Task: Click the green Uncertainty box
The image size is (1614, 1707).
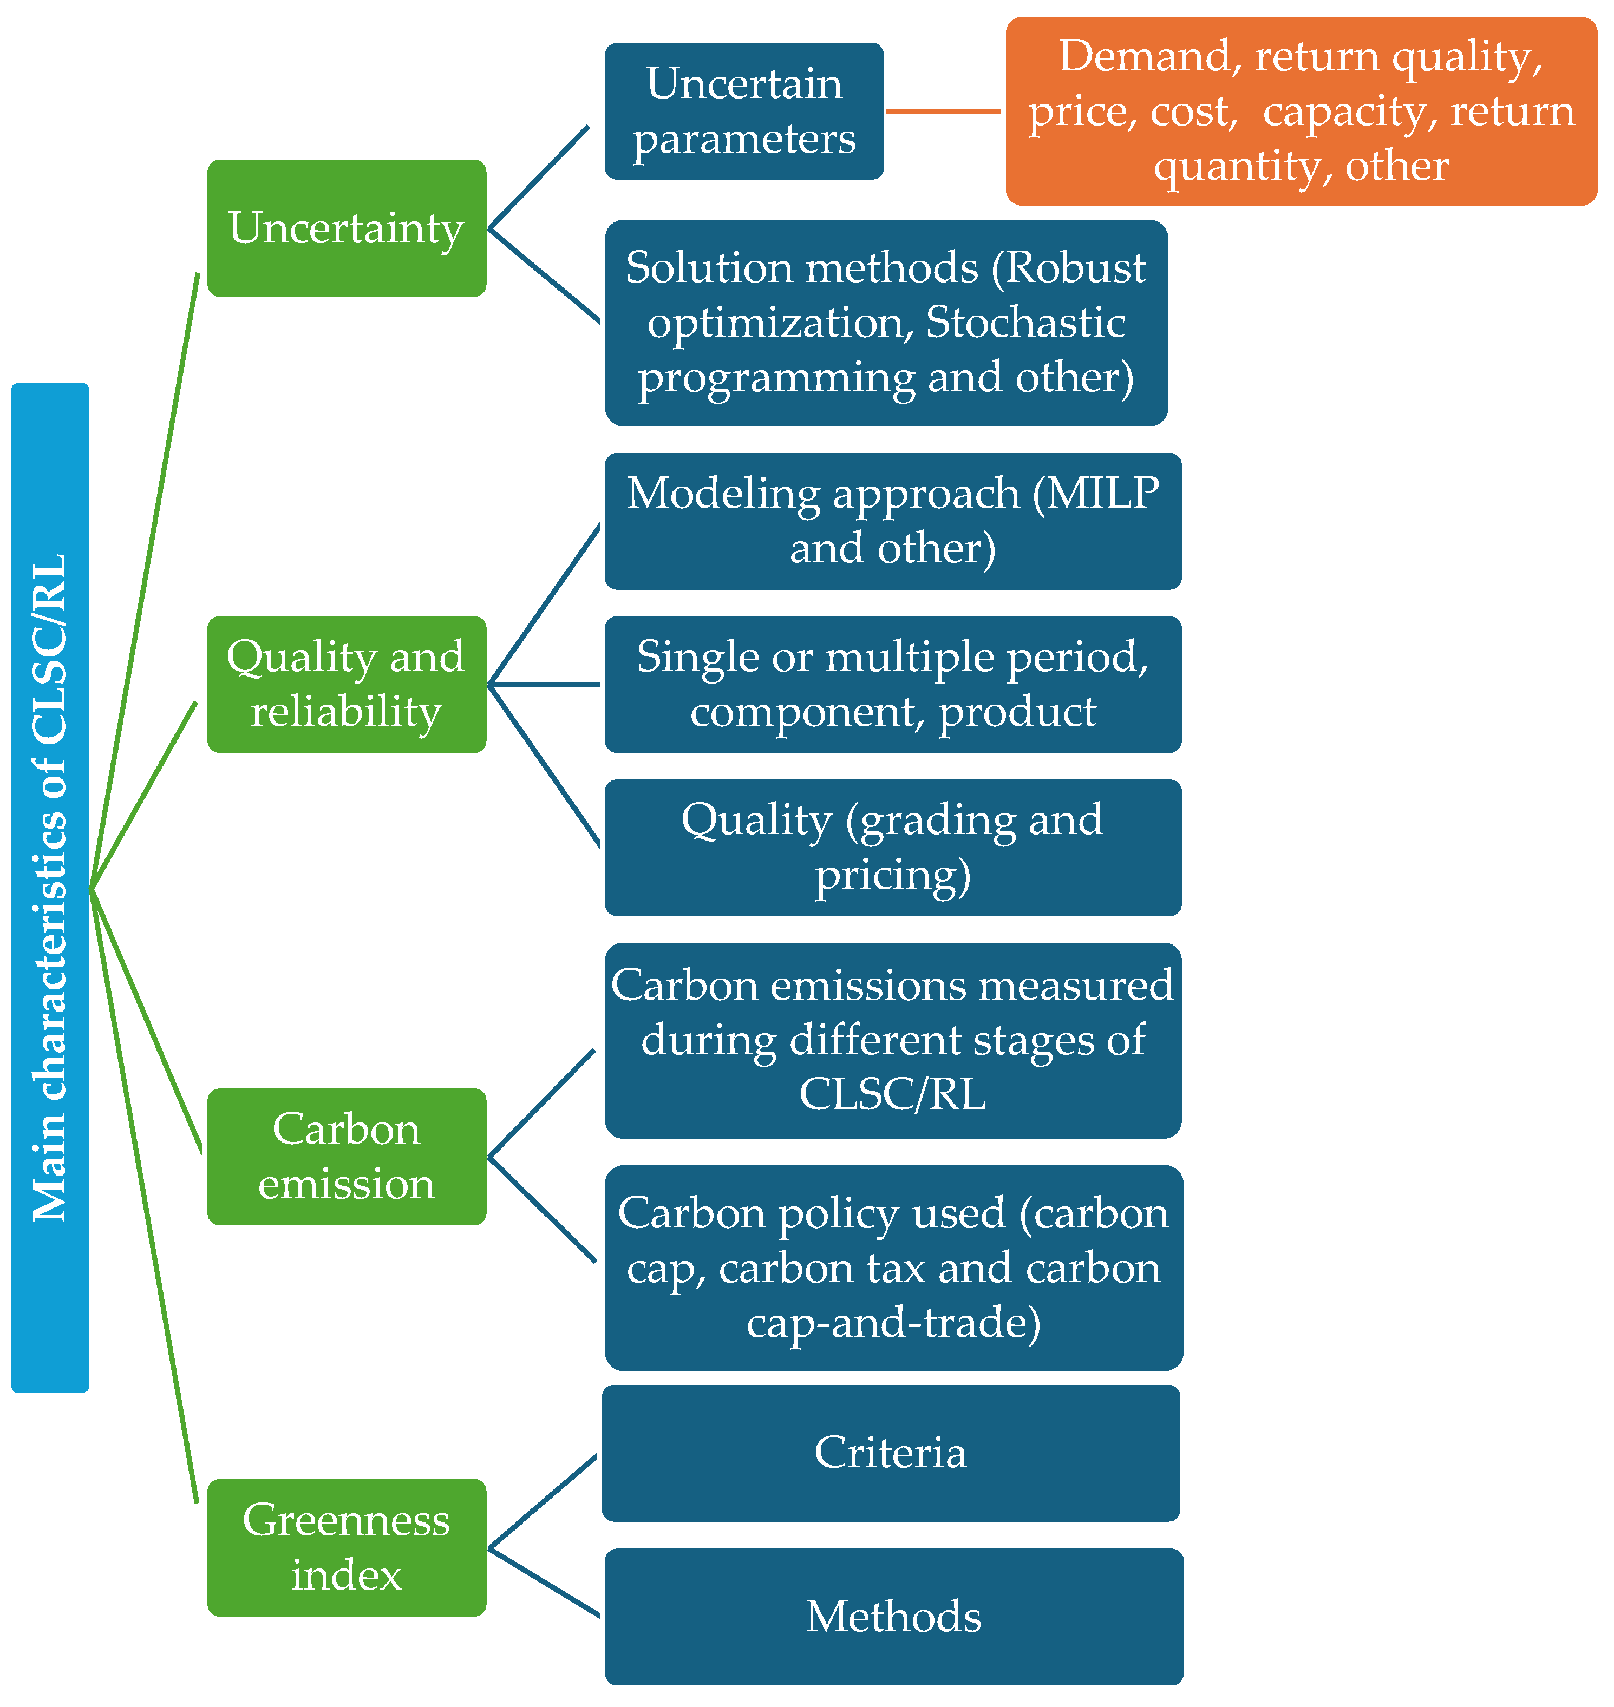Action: pos(347,228)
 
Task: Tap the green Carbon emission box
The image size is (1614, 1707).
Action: pos(347,1156)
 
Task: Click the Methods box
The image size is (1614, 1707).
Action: pos(892,1616)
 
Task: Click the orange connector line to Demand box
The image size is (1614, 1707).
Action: pos(943,111)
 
